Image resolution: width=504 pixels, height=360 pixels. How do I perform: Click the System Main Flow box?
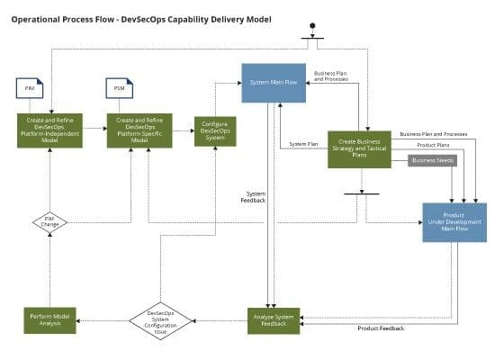pyautogui.click(x=273, y=83)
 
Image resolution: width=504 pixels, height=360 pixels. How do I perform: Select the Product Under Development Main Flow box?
pyautogui.click(x=454, y=222)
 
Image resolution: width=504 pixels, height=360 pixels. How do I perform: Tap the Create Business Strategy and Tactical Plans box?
pyautogui.click(x=359, y=148)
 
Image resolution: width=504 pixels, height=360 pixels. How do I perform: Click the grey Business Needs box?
pyautogui.click(x=433, y=161)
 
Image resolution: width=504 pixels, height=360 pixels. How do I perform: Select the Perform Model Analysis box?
pyautogui.click(x=50, y=320)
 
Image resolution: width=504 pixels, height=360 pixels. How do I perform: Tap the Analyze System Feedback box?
pyautogui.click(x=274, y=320)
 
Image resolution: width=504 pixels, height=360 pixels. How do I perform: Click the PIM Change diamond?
pyautogui.click(x=50, y=220)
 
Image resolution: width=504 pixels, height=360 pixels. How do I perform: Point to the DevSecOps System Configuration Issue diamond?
pyautogui.click(x=158, y=320)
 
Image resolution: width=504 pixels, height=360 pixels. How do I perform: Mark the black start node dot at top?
pyautogui.click(x=312, y=26)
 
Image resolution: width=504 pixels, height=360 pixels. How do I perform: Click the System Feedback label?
pyautogui.click(x=255, y=197)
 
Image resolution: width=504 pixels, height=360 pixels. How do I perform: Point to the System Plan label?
pyautogui.click(x=303, y=144)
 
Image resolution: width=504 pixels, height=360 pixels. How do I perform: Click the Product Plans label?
pyautogui.click(x=434, y=144)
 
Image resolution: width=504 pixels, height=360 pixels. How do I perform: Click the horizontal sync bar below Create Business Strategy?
pyautogui.click(x=361, y=193)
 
